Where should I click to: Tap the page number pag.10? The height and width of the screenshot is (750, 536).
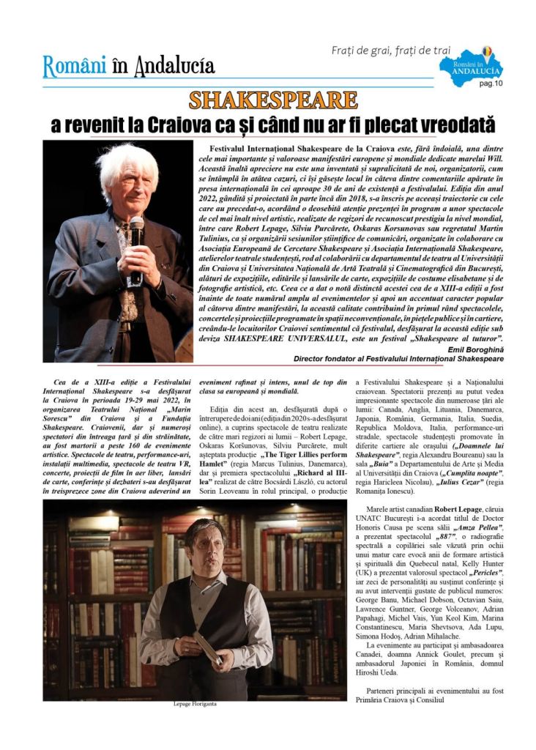pos(491,83)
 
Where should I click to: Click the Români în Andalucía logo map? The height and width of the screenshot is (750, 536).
pos(472,66)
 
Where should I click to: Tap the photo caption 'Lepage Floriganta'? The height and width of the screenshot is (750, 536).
pos(196,704)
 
